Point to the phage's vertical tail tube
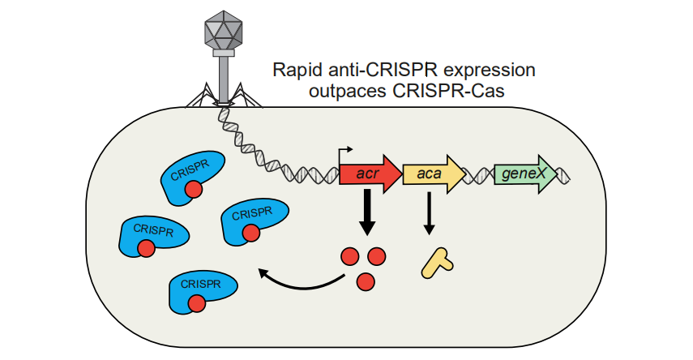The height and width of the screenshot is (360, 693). tap(222, 78)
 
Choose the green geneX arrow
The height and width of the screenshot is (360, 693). tap(525, 174)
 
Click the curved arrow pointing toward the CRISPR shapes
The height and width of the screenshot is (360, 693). tap(304, 281)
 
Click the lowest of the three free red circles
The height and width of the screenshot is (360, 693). tap(366, 281)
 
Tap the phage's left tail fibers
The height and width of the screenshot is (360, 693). tap(199, 98)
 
